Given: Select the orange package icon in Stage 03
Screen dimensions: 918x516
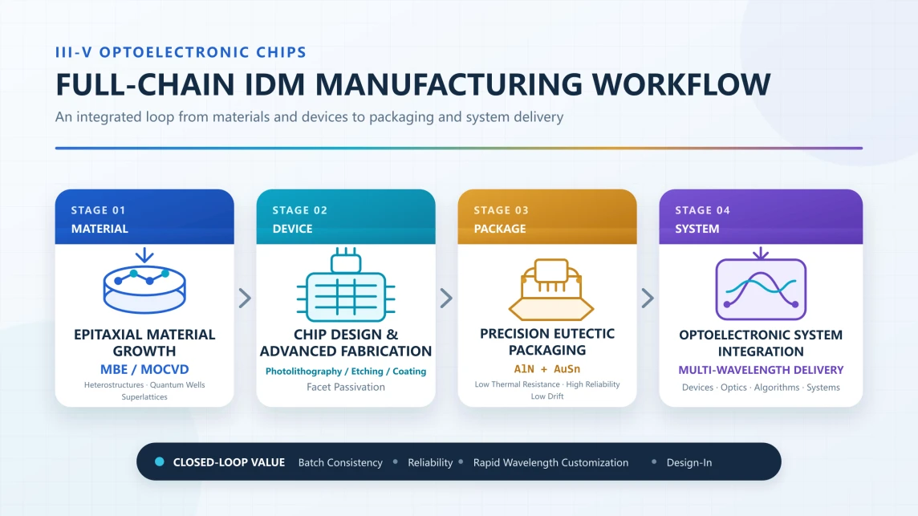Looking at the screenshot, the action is tap(551, 290).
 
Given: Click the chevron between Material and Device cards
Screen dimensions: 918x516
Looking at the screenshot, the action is tap(246, 298).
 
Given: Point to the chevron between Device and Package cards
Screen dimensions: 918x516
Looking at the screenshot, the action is tap(447, 298).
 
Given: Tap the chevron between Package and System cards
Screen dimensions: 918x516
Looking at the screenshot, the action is tap(648, 298).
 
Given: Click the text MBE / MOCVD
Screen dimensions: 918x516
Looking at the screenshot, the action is tap(144, 370).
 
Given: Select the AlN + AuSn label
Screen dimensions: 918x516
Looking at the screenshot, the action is tap(546, 369).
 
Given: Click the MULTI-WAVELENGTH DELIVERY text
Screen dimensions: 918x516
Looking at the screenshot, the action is tap(761, 370).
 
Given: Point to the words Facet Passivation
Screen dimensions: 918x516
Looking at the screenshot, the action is tap(346, 387).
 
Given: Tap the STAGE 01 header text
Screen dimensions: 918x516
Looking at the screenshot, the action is tap(99, 210).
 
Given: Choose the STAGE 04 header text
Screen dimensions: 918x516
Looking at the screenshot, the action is tap(703, 210).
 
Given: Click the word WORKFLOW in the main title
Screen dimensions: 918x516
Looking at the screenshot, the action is tap(681, 84).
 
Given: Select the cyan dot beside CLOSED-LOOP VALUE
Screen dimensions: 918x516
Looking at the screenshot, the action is tap(159, 461).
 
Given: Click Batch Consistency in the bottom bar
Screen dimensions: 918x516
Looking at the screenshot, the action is tap(340, 463).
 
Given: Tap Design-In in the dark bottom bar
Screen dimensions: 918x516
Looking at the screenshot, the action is tap(689, 463).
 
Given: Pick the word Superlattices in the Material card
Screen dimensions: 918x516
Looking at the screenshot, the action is tap(144, 397).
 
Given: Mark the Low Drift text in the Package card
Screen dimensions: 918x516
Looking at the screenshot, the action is tap(546, 396).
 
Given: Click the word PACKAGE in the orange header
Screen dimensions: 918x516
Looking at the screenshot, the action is tap(500, 229).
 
